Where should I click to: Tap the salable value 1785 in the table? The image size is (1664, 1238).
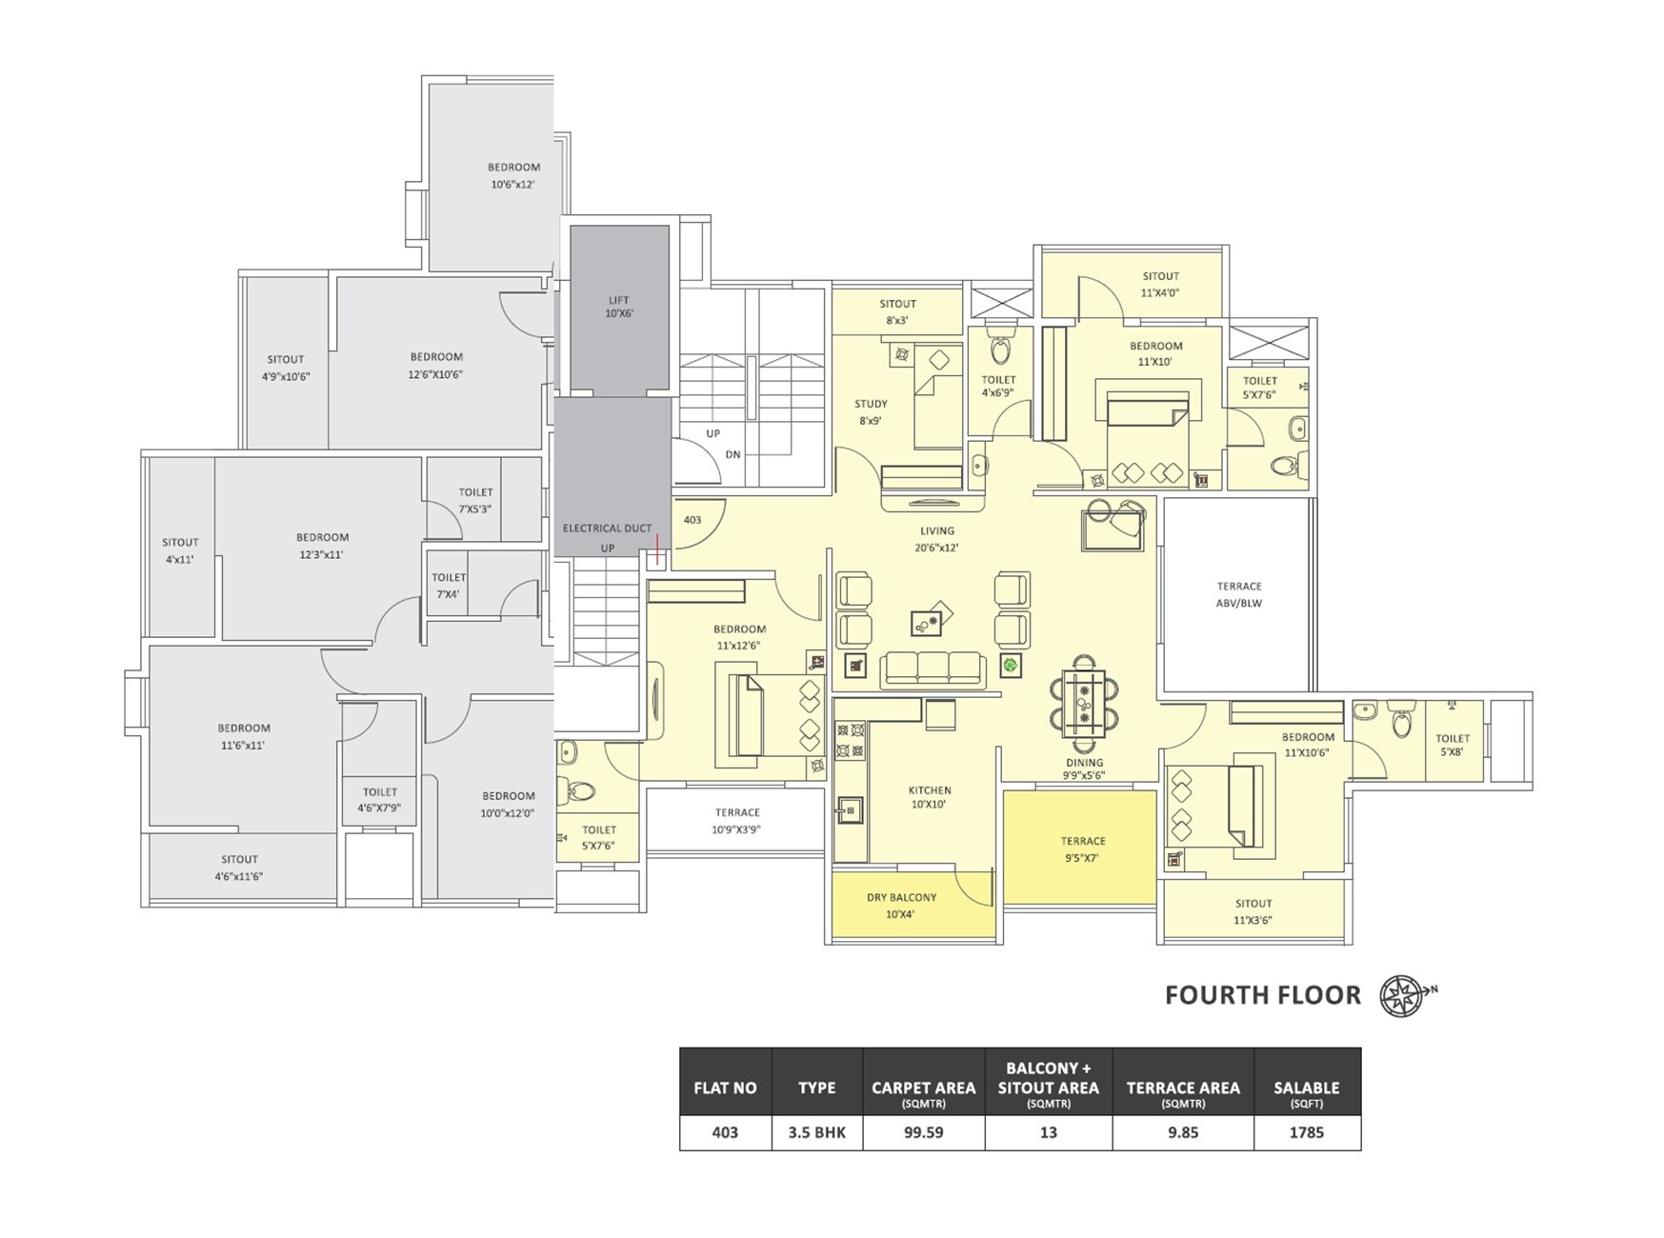(x=1307, y=1132)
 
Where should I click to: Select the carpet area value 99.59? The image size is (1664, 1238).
(x=923, y=1132)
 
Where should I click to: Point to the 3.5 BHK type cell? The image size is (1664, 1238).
(x=817, y=1132)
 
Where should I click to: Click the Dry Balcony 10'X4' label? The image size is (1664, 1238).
(x=901, y=906)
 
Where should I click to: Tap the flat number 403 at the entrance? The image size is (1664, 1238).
(x=692, y=520)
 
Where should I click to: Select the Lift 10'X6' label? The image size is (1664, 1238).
(x=619, y=307)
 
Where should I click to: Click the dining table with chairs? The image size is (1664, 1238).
(x=1084, y=704)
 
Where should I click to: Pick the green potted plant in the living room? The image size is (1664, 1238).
(x=1011, y=665)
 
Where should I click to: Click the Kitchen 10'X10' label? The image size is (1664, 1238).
(x=930, y=797)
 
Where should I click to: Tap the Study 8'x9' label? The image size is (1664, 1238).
(x=871, y=412)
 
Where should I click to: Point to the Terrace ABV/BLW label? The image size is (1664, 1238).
(x=1239, y=594)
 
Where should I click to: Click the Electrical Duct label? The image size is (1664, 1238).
(x=608, y=528)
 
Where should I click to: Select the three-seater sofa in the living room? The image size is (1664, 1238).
(x=933, y=669)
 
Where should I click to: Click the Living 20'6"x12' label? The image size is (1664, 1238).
(x=937, y=539)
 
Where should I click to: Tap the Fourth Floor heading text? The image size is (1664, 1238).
(x=1263, y=995)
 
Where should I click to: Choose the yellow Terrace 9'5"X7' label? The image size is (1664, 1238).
(x=1083, y=849)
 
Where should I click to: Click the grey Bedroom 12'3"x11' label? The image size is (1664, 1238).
(x=322, y=546)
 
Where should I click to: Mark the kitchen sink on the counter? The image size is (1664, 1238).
(x=849, y=810)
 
